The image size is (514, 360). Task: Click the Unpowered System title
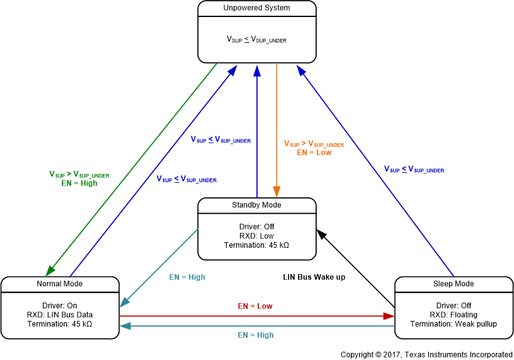(257, 8)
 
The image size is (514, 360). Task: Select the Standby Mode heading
(257, 205)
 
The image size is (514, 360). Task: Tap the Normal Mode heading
(60, 284)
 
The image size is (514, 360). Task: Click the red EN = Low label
(255, 306)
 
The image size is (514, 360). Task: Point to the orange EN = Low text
(314, 153)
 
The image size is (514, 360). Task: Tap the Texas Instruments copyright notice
(426, 354)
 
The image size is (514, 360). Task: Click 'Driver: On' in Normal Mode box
(60, 306)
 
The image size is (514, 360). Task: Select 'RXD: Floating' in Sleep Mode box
(454, 315)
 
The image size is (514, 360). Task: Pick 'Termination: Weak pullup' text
(454, 324)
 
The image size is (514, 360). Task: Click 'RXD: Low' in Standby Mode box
(257, 236)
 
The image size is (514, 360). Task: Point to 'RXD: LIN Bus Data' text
(60, 315)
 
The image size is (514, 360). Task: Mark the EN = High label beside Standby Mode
(187, 277)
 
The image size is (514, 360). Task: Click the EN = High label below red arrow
(255, 335)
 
